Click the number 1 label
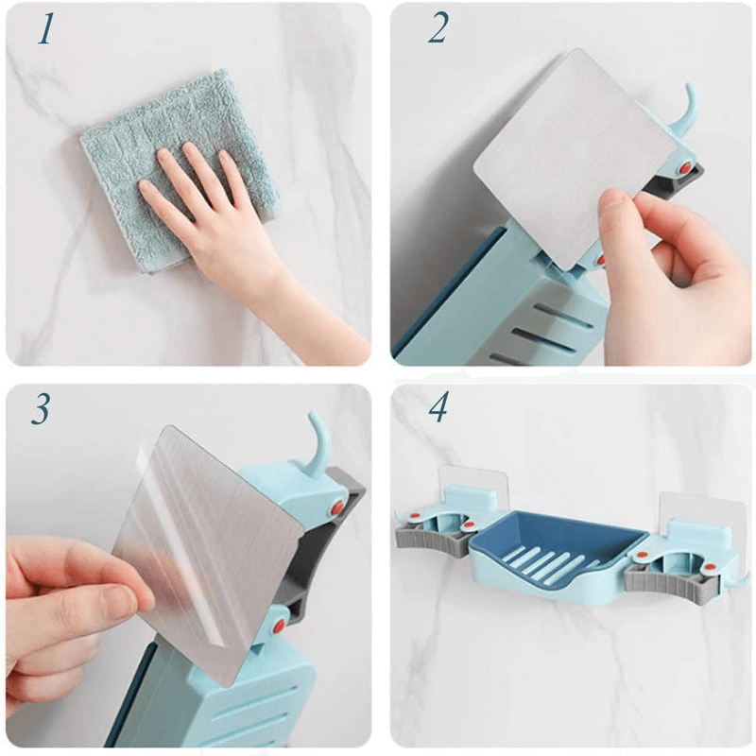[x=44, y=30]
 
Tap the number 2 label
[x=438, y=30]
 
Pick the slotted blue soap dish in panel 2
[x=548, y=312]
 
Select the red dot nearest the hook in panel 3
[x=336, y=507]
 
